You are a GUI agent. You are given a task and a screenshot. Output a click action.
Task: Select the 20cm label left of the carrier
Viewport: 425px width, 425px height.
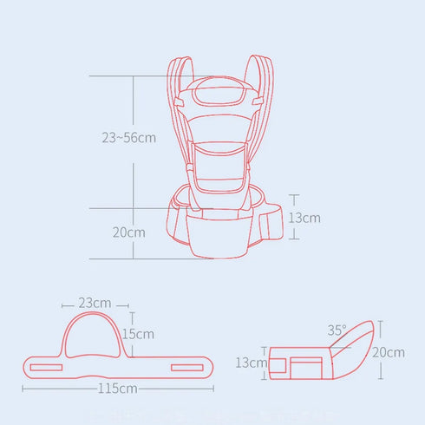pyautogui.click(x=128, y=232)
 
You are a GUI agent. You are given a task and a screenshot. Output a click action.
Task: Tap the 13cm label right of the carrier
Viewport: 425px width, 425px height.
pyautogui.click(x=304, y=218)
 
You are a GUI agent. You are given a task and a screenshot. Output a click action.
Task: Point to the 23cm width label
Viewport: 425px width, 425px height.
pyautogui.click(x=94, y=304)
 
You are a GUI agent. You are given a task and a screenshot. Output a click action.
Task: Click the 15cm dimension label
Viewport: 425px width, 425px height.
pyautogui.click(x=139, y=334)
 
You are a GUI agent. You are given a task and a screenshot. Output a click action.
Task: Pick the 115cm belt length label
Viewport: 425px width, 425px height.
pyautogui.click(x=118, y=388)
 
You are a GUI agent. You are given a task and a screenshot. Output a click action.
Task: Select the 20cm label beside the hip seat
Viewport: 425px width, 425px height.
pyautogui.click(x=387, y=352)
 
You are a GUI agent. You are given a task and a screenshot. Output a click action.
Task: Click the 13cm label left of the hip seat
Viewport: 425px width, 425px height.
pyautogui.click(x=252, y=363)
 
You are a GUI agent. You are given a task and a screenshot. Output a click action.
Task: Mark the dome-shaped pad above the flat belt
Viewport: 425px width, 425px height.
pyautogui.click(x=94, y=334)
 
